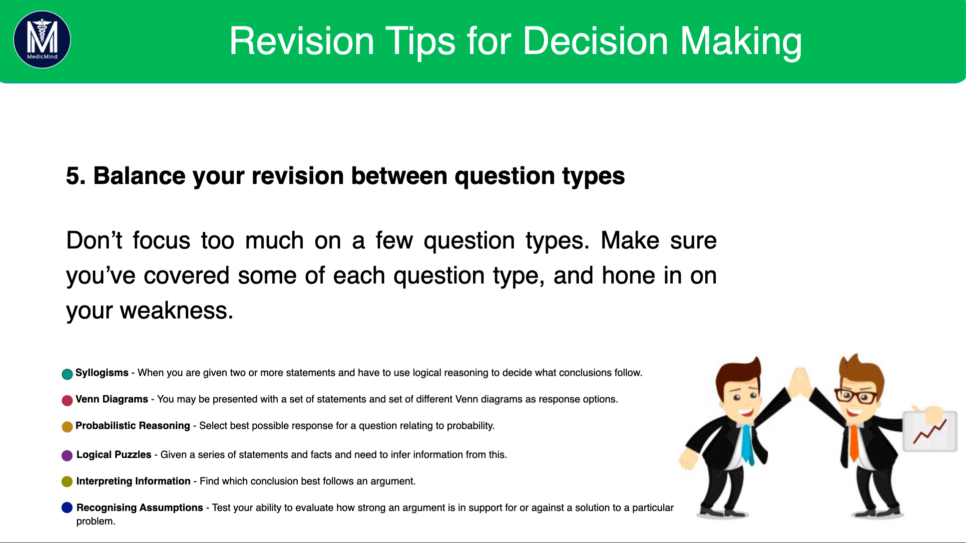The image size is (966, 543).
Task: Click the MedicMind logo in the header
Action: (x=42, y=39)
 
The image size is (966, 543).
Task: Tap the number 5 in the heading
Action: (x=72, y=176)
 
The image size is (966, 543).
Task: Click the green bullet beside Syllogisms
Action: (x=67, y=374)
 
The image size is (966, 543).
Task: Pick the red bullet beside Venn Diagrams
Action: (x=67, y=400)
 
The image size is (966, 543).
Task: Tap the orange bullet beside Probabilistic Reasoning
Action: (x=67, y=427)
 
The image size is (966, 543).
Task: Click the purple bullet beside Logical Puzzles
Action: (x=67, y=455)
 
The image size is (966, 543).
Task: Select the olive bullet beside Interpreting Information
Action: (x=67, y=481)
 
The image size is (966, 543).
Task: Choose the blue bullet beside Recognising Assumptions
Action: (x=67, y=507)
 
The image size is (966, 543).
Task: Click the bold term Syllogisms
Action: (x=102, y=373)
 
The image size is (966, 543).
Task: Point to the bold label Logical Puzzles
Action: (x=114, y=454)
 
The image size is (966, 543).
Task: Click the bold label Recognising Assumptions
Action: (x=140, y=507)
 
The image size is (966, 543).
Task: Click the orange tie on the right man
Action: (x=854, y=442)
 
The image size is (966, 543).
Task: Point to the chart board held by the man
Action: (x=930, y=431)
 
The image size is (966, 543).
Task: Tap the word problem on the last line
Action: (x=95, y=521)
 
